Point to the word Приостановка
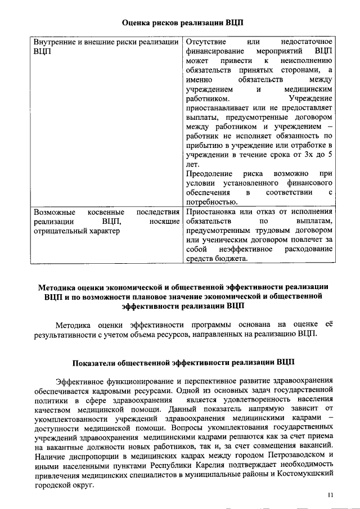pyautogui.click(x=210, y=211)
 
